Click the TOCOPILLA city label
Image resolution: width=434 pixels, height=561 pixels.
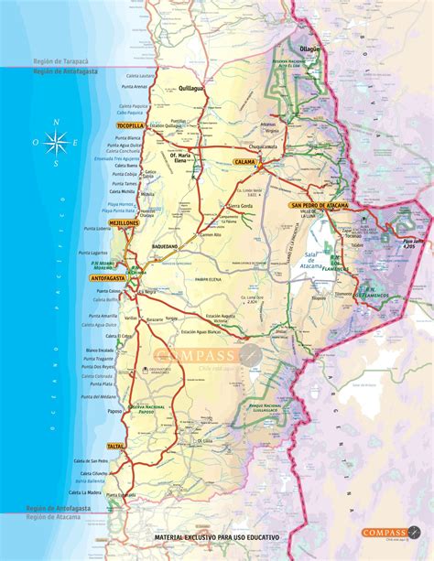pyautogui.click(x=129, y=124)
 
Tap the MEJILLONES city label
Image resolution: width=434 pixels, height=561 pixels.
pyautogui.click(x=121, y=222)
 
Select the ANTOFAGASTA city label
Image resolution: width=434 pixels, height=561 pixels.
pyautogui.click(x=109, y=276)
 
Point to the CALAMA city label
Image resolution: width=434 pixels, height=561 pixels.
pyautogui.click(x=244, y=161)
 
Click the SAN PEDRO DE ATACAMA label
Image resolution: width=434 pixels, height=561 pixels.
pyautogui.click(x=320, y=206)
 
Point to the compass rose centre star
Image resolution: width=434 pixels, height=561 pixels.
pyautogui.click(x=55, y=142)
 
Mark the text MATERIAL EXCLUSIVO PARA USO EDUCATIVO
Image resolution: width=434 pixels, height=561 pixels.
pyautogui.click(x=217, y=534)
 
